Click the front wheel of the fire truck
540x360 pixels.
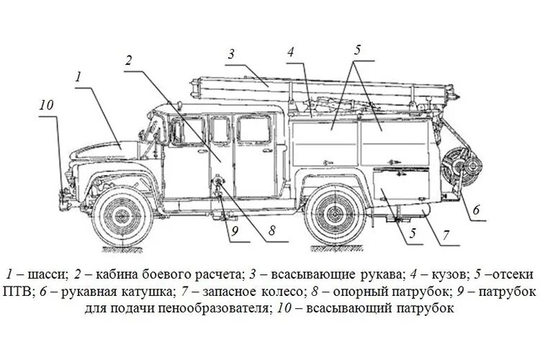tap(124, 214)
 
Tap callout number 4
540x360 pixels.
tap(290, 53)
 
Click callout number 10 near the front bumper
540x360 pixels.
tap(47, 105)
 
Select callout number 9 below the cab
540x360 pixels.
tap(233, 231)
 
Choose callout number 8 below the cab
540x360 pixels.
tap(272, 231)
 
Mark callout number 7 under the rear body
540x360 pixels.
tap(446, 235)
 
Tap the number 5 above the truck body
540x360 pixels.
tap(359, 50)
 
